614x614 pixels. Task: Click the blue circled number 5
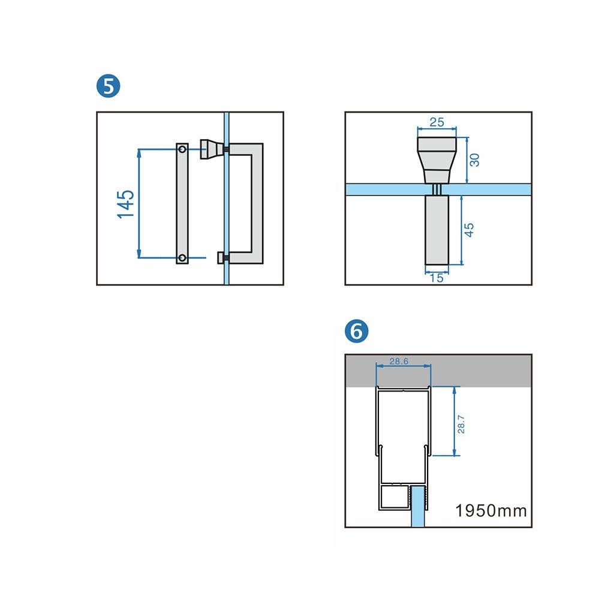108,86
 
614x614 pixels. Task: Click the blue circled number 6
356,331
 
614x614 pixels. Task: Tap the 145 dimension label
126,204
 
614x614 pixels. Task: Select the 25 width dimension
437,122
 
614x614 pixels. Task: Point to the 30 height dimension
474,159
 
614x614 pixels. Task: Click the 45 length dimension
469,230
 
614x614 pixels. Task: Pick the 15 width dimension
437,278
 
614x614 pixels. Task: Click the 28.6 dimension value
399,361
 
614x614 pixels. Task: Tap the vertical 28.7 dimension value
461,425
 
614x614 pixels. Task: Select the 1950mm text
490,511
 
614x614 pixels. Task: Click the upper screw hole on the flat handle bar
182,149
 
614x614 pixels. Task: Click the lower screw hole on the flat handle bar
182,258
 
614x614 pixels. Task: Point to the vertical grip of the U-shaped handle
257,203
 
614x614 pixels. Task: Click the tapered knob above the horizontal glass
437,160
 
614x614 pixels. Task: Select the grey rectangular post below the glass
437,230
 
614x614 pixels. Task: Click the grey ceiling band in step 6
438,371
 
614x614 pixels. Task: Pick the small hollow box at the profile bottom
395,497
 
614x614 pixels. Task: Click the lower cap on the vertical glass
221,258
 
